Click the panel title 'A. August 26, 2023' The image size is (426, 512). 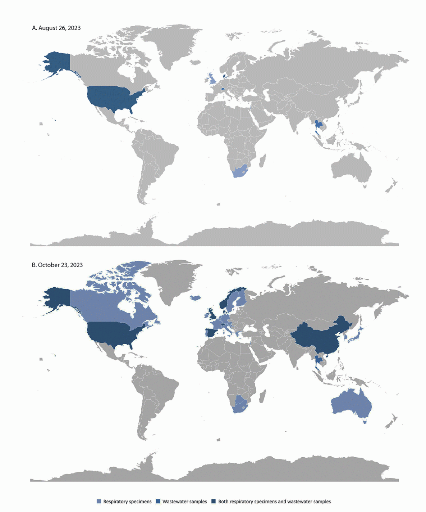56,28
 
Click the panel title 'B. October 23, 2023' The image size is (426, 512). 57,265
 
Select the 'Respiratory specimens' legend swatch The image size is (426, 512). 99,501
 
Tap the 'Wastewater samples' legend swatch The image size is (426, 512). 158,501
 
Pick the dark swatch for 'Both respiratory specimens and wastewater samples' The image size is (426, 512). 214,501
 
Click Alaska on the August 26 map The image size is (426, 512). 58,63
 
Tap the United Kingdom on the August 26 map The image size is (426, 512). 212,78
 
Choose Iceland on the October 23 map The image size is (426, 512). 195,298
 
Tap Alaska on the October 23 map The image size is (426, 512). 58,299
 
